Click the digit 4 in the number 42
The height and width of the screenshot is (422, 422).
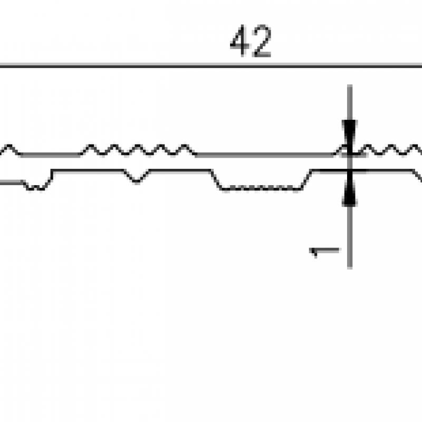pos(241,41)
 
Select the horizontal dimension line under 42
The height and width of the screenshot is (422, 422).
pos(211,65)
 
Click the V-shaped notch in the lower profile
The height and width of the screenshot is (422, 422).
pos(137,177)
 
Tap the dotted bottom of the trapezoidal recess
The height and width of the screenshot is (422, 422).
pos(261,189)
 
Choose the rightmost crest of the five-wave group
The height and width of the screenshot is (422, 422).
pos(185,147)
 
